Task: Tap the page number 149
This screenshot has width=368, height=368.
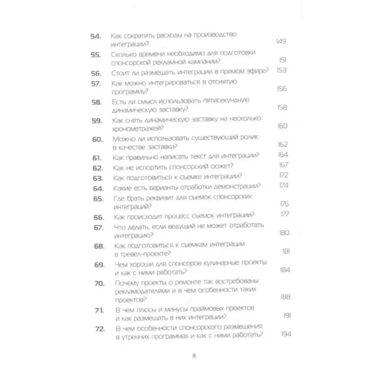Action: [281, 41]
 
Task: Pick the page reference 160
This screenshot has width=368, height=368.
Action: [282, 126]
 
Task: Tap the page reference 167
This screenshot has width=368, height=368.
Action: [283, 165]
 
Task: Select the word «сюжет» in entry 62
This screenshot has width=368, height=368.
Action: [221, 166]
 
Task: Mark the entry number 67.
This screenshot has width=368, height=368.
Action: [98, 228]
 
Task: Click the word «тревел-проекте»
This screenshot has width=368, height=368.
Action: [144, 254]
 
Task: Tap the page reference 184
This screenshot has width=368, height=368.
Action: [285, 270]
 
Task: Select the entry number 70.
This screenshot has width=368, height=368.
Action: [99, 283]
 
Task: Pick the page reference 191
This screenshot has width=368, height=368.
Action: [286, 315]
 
